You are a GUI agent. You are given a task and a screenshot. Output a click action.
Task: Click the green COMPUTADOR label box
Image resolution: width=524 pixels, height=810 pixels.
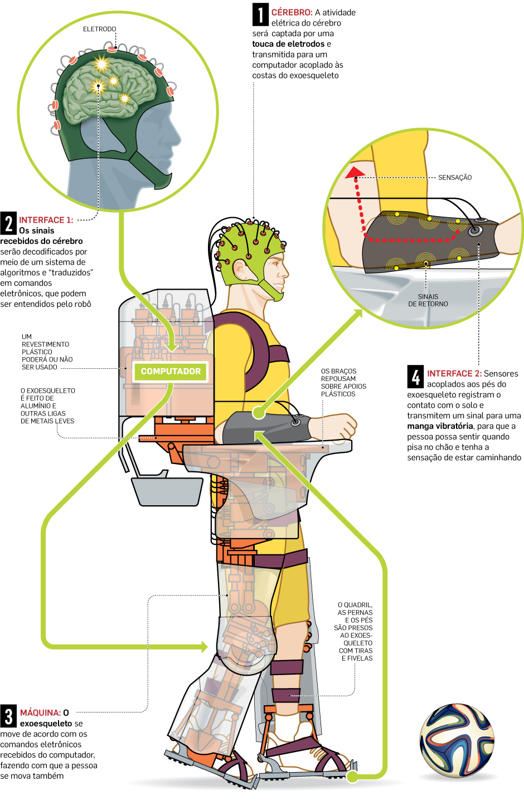coord(171,372)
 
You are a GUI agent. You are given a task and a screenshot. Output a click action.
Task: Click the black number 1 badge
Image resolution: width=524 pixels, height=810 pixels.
coord(260,15)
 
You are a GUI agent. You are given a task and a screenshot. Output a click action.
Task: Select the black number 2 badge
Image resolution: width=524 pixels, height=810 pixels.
coord(8,223)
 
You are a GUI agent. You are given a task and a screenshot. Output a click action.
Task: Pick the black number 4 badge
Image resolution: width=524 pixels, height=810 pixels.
coord(415,377)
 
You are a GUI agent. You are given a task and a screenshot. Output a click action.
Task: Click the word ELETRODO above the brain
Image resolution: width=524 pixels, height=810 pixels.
coord(100,29)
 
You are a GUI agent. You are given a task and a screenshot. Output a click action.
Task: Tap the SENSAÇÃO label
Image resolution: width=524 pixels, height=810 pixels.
coord(455,178)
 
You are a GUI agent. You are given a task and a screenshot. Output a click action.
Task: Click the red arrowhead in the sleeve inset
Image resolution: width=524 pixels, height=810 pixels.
coord(353,173)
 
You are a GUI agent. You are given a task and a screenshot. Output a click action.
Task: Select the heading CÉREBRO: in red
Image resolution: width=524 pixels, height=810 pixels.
coord(292,12)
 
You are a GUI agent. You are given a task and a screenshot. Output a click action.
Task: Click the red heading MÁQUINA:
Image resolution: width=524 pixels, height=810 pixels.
coord(40,713)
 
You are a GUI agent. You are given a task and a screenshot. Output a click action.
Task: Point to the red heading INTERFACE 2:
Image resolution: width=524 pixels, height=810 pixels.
coord(454,374)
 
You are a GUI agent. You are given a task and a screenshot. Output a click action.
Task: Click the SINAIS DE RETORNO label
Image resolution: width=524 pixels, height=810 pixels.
coord(428,300)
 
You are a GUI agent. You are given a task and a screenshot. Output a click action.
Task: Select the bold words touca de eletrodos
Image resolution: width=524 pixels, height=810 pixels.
coord(288,44)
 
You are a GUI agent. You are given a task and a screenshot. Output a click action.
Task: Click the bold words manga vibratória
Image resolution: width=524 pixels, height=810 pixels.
coord(440,426)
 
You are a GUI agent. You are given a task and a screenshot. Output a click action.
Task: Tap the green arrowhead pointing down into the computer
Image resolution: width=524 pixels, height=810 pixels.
coord(173,347)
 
